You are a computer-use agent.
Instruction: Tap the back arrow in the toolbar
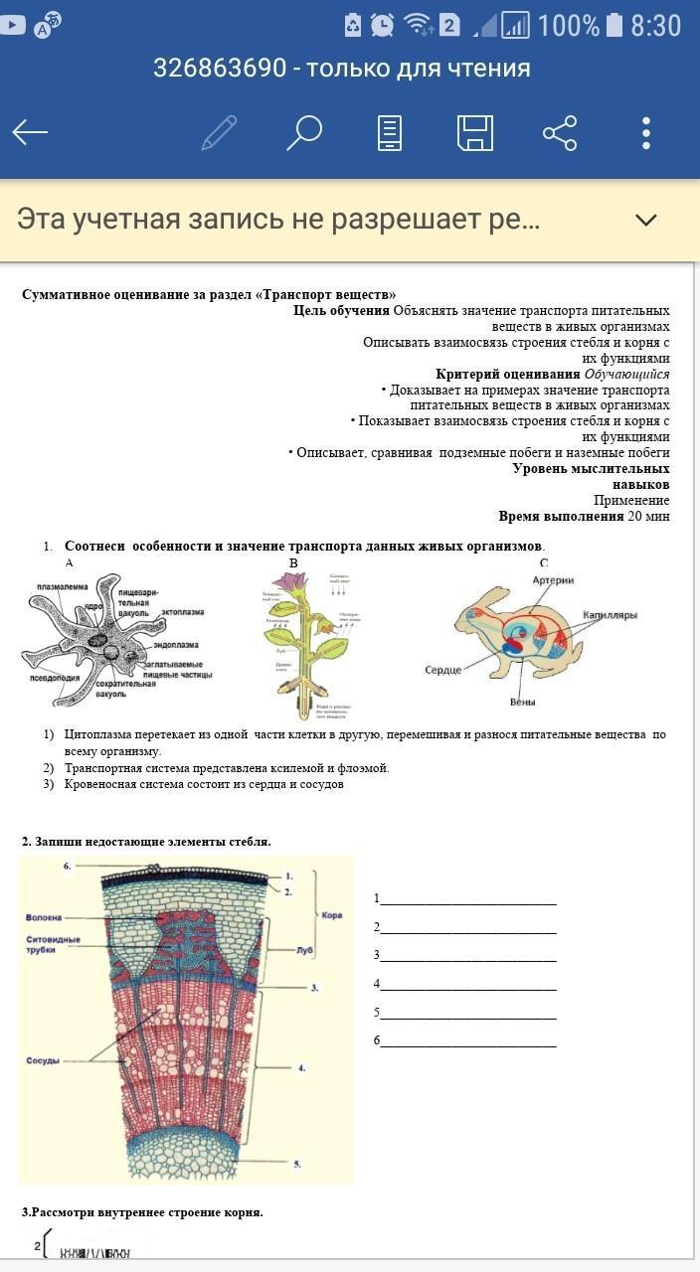pos(30,132)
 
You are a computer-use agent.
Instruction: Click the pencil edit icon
pos(219,132)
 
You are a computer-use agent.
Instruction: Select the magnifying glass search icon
pos(304,132)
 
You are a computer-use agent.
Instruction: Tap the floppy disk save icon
pos(474,132)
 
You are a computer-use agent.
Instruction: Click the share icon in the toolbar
pos(560,132)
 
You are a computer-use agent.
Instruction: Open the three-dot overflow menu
pos(646,132)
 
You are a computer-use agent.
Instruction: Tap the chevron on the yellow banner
pos(646,220)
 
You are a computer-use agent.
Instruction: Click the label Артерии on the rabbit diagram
pos(553,580)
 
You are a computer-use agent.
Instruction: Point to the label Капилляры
pos(610,615)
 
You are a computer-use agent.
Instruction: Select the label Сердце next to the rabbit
pos(442,670)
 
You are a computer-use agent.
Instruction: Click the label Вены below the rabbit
pos(523,703)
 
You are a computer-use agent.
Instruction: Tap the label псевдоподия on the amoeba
pos(54,678)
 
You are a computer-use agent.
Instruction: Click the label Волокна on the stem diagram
pos(46,917)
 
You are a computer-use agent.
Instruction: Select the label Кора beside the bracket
pos(332,914)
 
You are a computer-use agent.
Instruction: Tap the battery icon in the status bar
pos(614,25)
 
